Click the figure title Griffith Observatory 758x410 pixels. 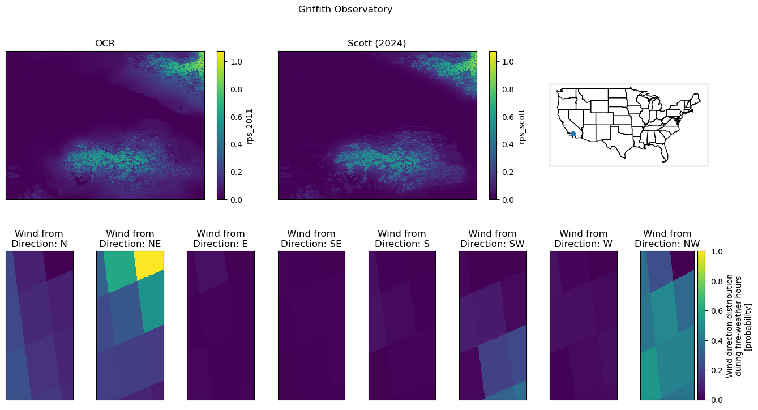point(345,10)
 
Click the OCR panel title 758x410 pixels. point(105,44)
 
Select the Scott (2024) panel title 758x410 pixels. point(376,44)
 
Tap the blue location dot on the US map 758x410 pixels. point(573,134)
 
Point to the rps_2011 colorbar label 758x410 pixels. point(250,126)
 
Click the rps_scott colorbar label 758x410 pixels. point(521,127)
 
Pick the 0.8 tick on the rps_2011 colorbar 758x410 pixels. point(236,89)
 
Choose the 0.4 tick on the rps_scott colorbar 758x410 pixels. point(508,144)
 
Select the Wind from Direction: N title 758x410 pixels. point(39,238)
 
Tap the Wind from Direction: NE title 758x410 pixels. point(130,238)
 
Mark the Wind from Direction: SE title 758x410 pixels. point(311,238)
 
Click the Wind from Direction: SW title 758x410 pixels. point(493,238)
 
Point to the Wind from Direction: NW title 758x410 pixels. point(667,238)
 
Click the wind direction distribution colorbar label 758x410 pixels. point(739,326)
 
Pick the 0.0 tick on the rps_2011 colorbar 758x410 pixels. point(236,200)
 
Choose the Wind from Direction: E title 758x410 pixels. point(221,238)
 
